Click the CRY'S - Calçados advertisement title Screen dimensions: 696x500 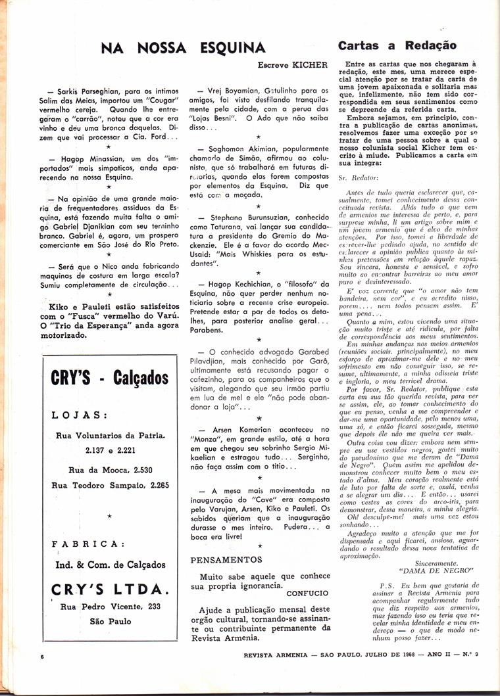coord(109,379)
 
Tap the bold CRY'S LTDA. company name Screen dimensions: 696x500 coord(109,588)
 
